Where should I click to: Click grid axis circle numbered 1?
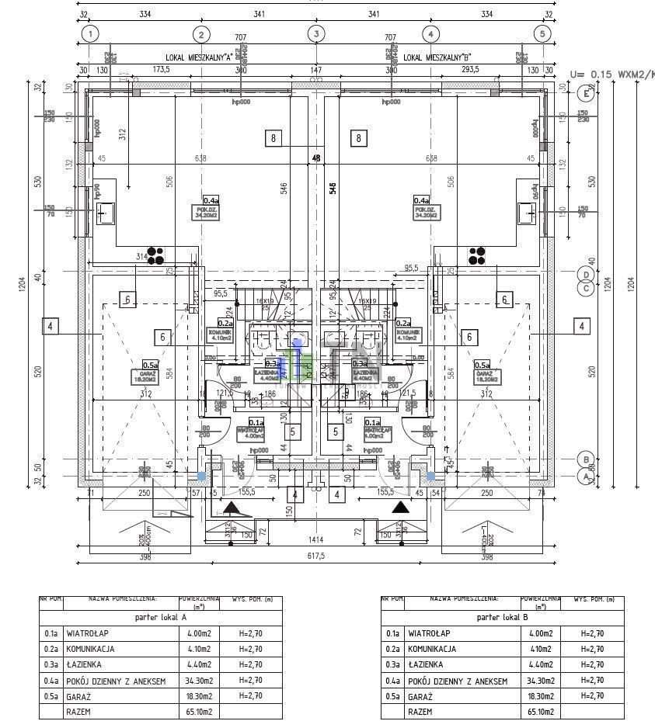click(92, 34)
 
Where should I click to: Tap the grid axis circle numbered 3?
click(316, 34)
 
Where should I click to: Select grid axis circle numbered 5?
click(543, 34)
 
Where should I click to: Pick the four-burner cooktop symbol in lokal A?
click(156, 255)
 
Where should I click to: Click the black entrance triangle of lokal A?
click(232, 508)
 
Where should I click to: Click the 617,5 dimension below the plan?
click(316, 557)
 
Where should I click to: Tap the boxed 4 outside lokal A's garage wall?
click(50, 327)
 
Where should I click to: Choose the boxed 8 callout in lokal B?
click(358, 139)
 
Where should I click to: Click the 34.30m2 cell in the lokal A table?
click(200, 681)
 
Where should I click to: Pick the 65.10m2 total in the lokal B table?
click(540, 711)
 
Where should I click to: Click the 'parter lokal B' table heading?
click(503, 618)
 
